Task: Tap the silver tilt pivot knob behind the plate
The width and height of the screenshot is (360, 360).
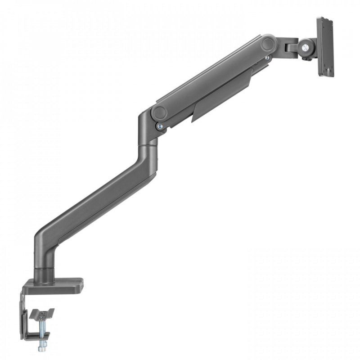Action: pos(309,45)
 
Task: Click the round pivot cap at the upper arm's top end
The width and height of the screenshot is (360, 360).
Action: pos(269,44)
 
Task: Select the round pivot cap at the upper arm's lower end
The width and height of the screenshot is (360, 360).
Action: pos(159,112)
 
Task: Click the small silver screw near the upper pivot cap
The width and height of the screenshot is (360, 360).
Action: pos(267,58)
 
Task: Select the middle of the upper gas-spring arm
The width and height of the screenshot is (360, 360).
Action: pos(211,79)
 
